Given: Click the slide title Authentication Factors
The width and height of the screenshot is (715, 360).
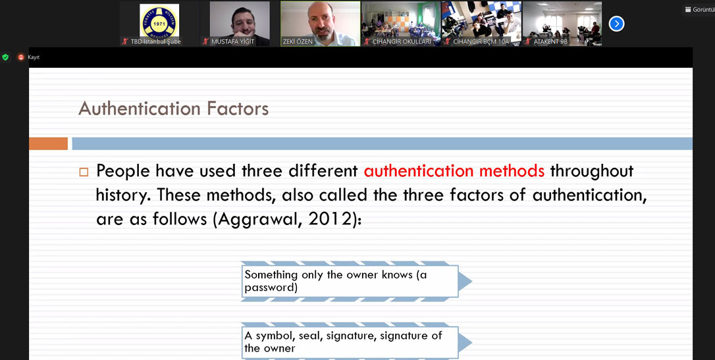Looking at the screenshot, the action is (173, 109).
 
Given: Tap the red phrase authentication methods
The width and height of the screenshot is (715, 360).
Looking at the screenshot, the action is (454, 171).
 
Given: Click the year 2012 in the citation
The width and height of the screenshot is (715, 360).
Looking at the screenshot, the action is (329, 219).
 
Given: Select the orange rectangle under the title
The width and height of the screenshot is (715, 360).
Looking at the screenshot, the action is (48, 143).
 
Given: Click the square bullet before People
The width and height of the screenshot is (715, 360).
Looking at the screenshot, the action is (83, 172).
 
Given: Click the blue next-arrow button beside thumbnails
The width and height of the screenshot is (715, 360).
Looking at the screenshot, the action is (616, 24).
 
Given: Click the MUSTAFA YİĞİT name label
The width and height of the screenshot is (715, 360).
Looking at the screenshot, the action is (232, 41).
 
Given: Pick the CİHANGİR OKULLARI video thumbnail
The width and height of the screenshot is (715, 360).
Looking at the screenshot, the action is (401, 23).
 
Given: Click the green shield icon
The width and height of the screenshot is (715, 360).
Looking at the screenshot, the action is (5, 57).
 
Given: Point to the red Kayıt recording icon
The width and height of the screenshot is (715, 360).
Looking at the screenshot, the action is (20, 57).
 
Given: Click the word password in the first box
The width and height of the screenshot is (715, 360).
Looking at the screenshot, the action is (271, 288).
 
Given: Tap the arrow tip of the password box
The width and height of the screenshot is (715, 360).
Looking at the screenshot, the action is (472, 282).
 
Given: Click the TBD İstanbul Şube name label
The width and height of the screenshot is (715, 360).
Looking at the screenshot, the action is (151, 41).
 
